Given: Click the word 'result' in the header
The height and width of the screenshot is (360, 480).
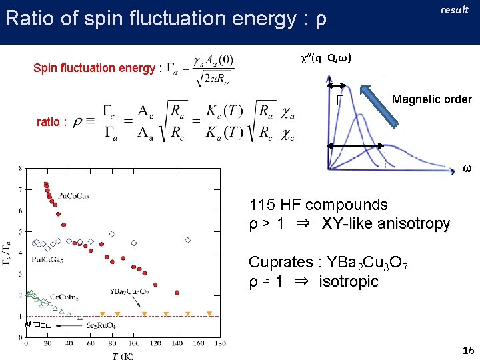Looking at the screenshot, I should [x=455, y=9].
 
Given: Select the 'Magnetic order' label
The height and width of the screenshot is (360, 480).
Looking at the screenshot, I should [x=432, y=100].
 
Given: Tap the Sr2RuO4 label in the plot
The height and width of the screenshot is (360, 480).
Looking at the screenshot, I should [x=104, y=325].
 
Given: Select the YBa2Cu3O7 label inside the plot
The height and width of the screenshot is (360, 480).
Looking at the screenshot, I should [x=129, y=291].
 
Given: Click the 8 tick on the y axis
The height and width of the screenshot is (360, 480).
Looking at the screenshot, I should [x=19, y=169].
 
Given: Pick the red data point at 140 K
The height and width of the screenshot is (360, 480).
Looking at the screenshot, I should [x=177, y=292].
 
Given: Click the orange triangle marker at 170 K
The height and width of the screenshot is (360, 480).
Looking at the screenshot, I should [x=209, y=313].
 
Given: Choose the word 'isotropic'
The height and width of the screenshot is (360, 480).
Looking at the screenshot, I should [x=349, y=281].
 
